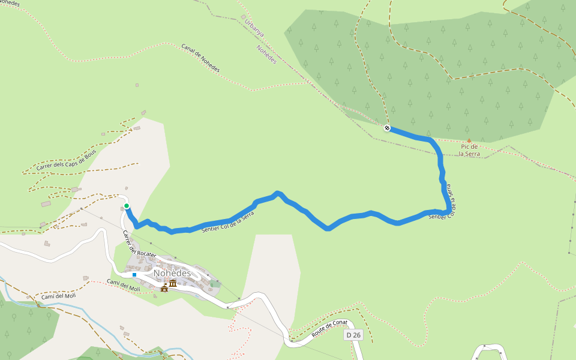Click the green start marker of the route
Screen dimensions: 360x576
click(127, 206)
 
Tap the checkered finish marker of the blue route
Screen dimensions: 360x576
click(388, 127)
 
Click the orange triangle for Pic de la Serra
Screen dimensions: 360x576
click(469, 140)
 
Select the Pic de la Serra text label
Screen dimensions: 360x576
click(469, 150)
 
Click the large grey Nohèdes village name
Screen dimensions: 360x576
click(172, 273)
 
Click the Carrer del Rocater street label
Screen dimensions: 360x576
click(139, 244)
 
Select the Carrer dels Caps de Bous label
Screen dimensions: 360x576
click(66, 160)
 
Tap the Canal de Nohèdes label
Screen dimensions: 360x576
click(200, 58)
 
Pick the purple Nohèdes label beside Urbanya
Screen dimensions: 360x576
click(266, 55)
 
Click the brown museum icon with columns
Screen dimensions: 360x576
click(173, 283)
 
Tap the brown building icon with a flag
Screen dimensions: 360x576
click(164, 288)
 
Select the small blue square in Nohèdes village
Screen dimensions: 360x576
click(134, 275)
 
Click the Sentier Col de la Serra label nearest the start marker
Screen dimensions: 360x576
click(224, 223)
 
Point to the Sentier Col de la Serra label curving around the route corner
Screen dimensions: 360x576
click(447, 204)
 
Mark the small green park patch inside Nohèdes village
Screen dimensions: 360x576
click(214, 284)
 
